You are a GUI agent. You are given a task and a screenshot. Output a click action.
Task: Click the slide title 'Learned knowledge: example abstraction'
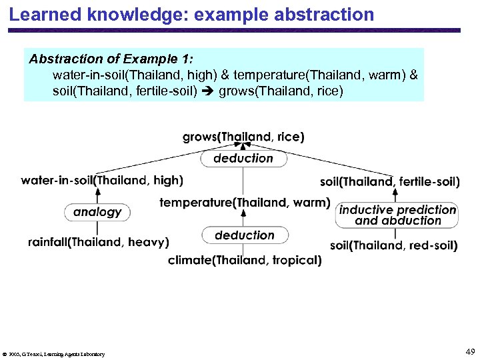pyautogui.click(x=192, y=14)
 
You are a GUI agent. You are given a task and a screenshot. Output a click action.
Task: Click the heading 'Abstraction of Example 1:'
pyautogui.click(x=111, y=59)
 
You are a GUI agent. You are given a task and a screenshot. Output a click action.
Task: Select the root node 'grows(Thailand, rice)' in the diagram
pyautogui.click(x=244, y=137)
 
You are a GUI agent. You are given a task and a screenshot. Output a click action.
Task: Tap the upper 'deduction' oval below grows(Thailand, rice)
pyautogui.click(x=244, y=159)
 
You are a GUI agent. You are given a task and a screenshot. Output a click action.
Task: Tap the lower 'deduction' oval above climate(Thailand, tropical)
pyautogui.click(x=245, y=235)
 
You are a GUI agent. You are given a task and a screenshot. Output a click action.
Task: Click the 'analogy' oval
pyautogui.click(x=97, y=212)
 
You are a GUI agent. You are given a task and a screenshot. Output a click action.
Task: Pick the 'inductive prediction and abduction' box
pyautogui.click(x=398, y=215)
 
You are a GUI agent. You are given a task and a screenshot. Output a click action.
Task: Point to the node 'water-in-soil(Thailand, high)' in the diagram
pyautogui.click(x=102, y=180)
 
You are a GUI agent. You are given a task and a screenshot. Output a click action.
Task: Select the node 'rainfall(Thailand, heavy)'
pyautogui.click(x=99, y=242)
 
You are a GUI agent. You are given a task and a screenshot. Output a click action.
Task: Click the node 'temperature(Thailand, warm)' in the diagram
pyautogui.click(x=245, y=202)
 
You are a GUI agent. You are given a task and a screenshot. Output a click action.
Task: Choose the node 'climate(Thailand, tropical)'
pyautogui.click(x=245, y=260)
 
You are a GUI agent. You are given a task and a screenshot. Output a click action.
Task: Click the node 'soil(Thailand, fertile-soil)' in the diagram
pyautogui.click(x=390, y=181)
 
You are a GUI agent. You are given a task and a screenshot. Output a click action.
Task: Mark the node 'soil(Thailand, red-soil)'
pyautogui.click(x=394, y=245)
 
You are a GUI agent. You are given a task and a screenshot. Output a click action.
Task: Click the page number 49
pyautogui.click(x=470, y=351)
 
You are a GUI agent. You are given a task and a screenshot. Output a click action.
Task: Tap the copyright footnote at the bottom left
pyautogui.click(x=53, y=354)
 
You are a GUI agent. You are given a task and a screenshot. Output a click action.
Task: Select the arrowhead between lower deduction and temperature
pyautogui.click(x=244, y=213)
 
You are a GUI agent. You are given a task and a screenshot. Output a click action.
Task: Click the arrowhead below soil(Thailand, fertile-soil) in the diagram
pyautogui.click(x=396, y=193)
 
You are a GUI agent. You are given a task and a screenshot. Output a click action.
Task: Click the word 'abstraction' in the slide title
pyautogui.click(x=326, y=14)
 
